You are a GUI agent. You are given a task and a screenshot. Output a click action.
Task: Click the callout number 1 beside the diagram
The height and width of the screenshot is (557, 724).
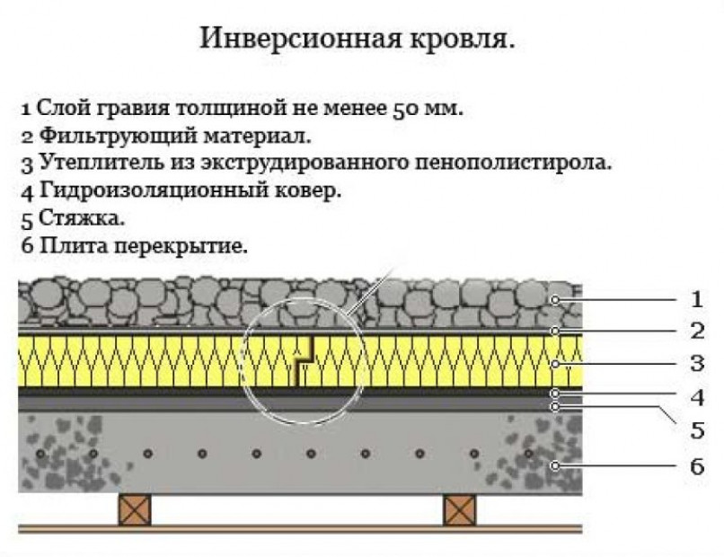point(695,299)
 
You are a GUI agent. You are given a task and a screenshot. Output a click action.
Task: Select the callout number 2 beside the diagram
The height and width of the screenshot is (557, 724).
point(695,331)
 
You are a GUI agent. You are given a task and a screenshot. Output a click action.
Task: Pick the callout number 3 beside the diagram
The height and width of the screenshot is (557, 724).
point(695,364)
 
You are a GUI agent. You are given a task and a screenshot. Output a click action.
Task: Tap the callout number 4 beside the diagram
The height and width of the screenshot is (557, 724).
point(695,395)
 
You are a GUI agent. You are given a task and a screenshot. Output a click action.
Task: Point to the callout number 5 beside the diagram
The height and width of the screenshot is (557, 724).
point(695,429)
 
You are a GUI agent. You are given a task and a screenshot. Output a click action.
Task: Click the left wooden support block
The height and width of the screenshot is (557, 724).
point(135,509)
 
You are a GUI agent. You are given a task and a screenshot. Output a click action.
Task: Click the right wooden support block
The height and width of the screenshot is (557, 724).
point(459,509)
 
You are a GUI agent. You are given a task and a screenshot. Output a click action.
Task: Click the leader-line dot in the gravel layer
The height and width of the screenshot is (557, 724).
point(556,299)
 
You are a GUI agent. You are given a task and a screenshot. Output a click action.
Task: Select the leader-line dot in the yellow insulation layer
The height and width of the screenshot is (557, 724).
point(556,364)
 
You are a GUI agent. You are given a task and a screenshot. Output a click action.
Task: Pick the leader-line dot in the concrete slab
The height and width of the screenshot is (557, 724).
point(556,464)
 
